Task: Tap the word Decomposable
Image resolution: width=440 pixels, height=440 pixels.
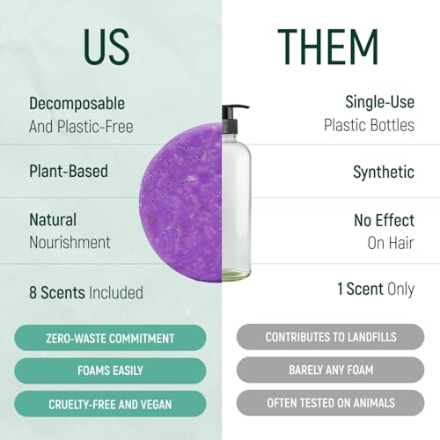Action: (77, 104)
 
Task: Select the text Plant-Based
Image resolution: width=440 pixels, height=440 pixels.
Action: (69, 171)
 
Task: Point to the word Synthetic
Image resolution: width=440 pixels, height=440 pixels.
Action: (383, 172)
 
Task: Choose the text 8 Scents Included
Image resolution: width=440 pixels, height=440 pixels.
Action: (85, 292)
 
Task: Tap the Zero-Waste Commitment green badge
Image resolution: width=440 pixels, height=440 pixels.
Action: (110, 338)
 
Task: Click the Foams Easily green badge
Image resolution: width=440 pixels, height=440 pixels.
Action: (110, 370)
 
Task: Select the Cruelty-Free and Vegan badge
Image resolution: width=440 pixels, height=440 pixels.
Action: (110, 403)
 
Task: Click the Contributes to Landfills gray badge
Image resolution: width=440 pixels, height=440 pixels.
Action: (330, 338)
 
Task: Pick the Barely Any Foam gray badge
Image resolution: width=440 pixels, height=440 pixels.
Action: (330, 370)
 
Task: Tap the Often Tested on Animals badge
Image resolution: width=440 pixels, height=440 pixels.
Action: (330, 403)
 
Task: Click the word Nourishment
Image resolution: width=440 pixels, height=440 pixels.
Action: (70, 242)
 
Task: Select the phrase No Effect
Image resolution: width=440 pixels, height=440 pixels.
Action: (384, 221)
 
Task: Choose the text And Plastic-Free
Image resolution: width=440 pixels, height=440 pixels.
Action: (81, 127)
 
